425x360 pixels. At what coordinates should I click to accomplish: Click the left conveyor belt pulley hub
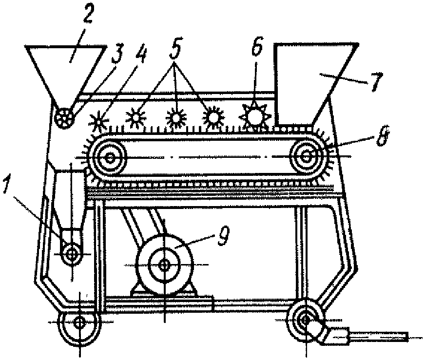pyautogui.click(x=110, y=157)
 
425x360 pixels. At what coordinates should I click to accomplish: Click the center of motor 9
pyautogui.click(x=165, y=265)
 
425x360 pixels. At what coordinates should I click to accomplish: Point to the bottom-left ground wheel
pyautogui.click(x=79, y=322)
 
